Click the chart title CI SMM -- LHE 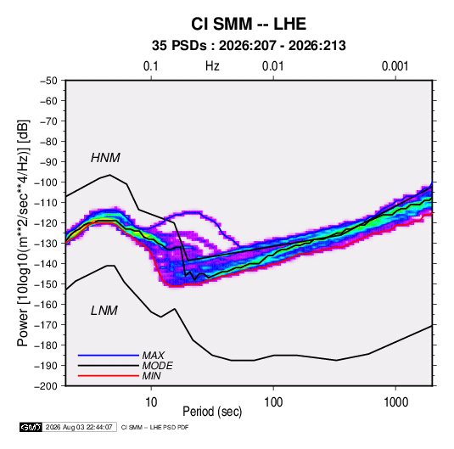tap(249, 24)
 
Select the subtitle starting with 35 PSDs tap(249, 46)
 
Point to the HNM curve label tap(105, 158)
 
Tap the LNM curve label tap(104, 311)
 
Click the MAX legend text tap(154, 355)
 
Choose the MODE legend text tap(158, 366)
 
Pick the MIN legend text tap(151, 376)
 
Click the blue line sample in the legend tap(109, 355)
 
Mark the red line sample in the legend tap(109, 376)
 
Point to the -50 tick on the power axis tap(48, 81)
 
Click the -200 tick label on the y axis tap(46, 386)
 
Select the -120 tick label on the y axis tap(46, 223)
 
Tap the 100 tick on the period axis tap(273, 402)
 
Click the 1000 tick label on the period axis tap(395, 402)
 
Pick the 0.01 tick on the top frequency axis tap(272, 66)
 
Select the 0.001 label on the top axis tap(395, 66)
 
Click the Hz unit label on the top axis tap(212, 66)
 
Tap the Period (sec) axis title tap(212, 412)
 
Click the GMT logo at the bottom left tap(31, 427)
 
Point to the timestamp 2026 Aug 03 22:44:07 tap(79, 427)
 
